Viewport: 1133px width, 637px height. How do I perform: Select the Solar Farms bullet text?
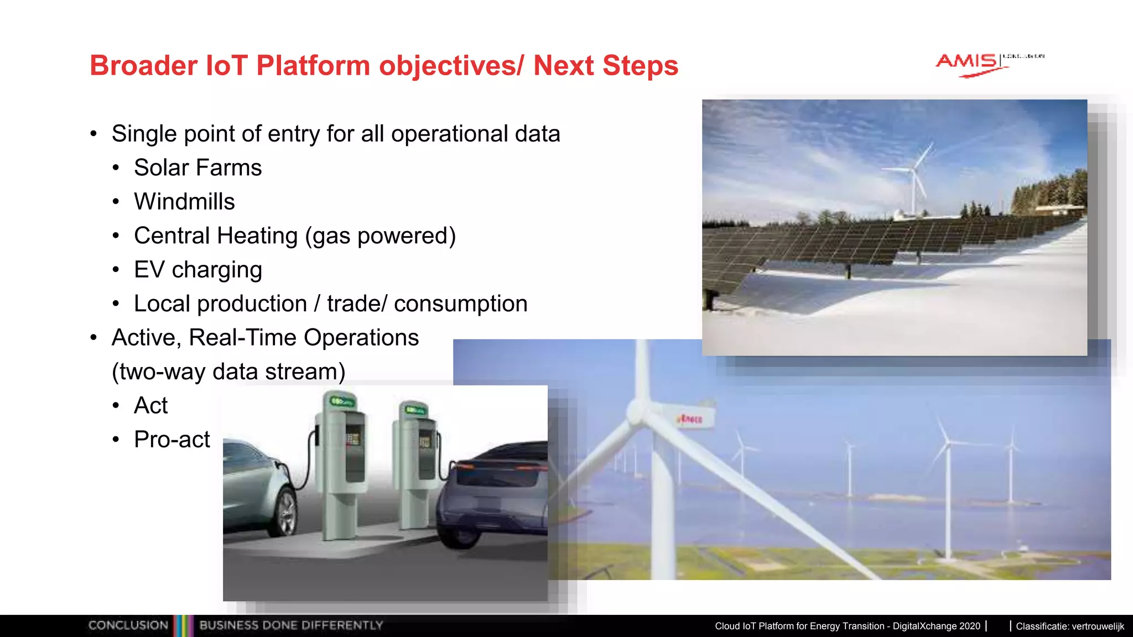(x=198, y=168)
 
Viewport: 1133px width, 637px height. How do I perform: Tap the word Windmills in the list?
(x=184, y=202)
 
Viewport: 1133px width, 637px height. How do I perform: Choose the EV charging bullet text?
(x=198, y=270)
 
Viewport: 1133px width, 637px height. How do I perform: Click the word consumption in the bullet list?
(x=460, y=304)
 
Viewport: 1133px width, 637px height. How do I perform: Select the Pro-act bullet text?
(x=171, y=440)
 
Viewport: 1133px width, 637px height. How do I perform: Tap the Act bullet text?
(x=150, y=405)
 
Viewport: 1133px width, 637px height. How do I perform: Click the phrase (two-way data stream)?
(x=228, y=372)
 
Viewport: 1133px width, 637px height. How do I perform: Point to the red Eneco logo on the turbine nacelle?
(x=690, y=419)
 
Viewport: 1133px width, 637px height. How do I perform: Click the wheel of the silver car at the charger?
(x=285, y=512)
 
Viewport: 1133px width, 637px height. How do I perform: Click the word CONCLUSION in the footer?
(x=128, y=625)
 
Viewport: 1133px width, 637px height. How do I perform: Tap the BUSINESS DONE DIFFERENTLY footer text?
(x=291, y=625)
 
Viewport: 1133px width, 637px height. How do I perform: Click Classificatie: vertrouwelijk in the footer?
(x=1069, y=626)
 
